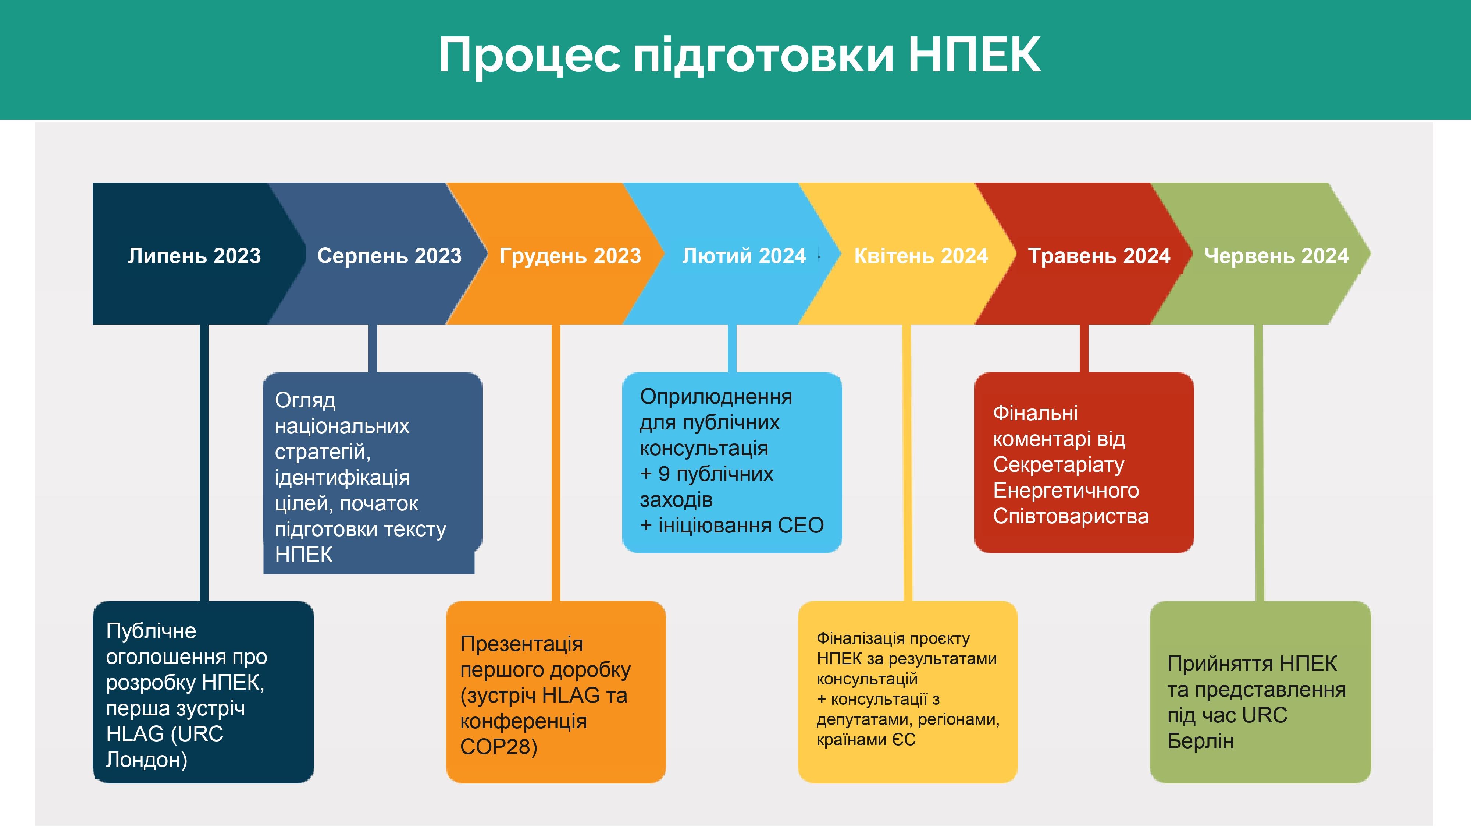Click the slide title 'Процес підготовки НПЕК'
point(740,56)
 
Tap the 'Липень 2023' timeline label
point(194,255)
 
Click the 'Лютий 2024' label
point(744,255)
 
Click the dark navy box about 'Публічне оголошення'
point(203,692)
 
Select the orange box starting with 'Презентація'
point(556,692)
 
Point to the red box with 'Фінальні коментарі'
point(1084,462)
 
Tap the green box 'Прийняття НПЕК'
point(1260,692)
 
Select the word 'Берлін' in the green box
point(1200,741)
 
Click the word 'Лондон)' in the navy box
point(147,760)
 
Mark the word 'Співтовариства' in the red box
point(1071,516)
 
